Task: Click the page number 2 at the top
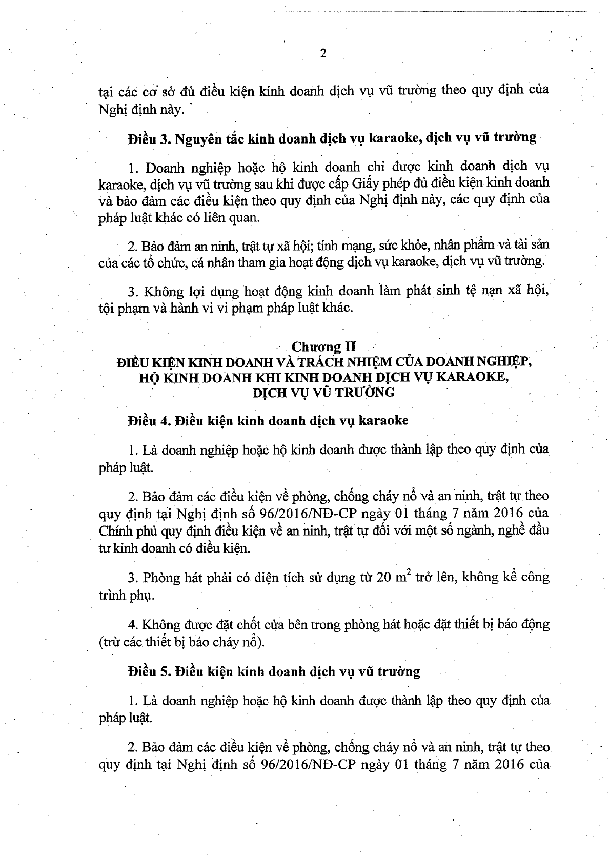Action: pyautogui.click(x=323, y=54)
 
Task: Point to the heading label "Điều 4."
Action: pyautogui.click(x=149, y=421)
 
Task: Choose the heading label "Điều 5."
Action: pyautogui.click(x=149, y=671)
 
